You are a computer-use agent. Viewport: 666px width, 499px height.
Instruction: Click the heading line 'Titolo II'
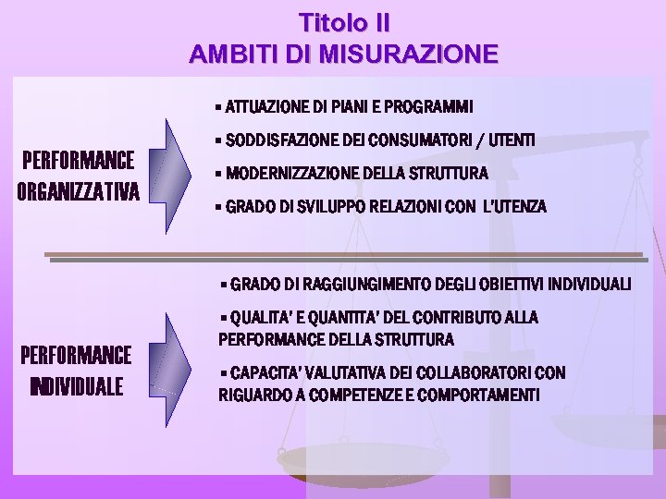pos(344,21)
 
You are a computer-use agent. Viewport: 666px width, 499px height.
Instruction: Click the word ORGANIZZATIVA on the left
pos(78,192)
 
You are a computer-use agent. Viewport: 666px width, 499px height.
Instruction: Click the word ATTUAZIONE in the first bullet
pos(265,104)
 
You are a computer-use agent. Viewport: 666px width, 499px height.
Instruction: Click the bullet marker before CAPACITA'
pos(224,372)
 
